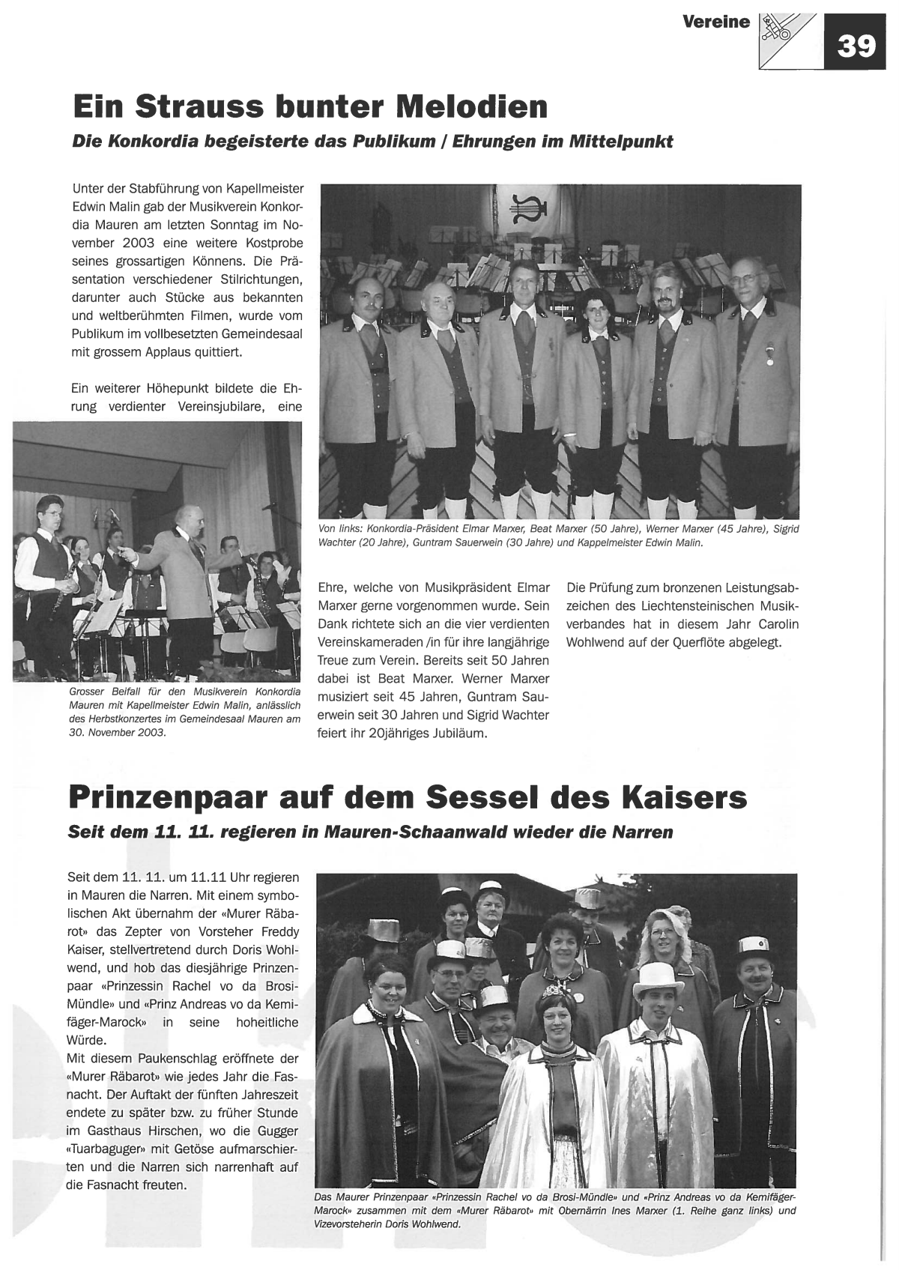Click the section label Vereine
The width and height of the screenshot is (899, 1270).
(x=715, y=22)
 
